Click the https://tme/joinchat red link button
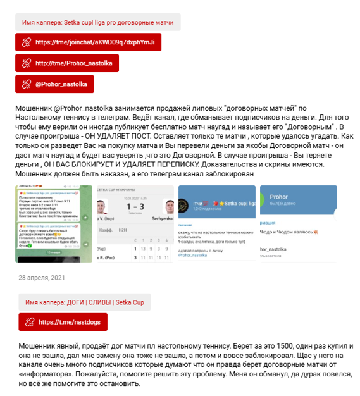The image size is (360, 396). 89,42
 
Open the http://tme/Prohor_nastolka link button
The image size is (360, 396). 67,63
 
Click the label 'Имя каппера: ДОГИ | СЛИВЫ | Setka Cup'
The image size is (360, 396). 84,302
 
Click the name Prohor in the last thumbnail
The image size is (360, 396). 278,197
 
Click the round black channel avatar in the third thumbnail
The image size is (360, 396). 188,206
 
